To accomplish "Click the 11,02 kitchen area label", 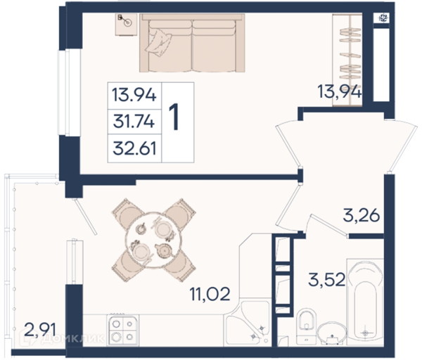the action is pyautogui.click(x=210, y=294).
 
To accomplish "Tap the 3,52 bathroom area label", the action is pyautogui.click(x=327, y=280).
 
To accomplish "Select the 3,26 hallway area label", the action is pyautogui.click(x=362, y=215).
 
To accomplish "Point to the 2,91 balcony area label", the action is pyautogui.click(x=40, y=330).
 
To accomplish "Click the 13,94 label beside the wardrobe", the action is pyautogui.click(x=340, y=91).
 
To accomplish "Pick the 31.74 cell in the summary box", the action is pyautogui.click(x=134, y=122).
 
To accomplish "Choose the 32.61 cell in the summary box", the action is pyautogui.click(x=134, y=148).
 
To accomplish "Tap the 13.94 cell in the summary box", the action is pyautogui.click(x=134, y=95).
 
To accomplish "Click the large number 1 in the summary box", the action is pyautogui.click(x=174, y=117).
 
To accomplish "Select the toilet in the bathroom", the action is pyautogui.click(x=306, y=327).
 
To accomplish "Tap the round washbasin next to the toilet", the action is pyautogui.click(x=332, y=333).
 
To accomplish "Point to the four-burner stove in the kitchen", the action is pyautogui.click(x=123, y=330).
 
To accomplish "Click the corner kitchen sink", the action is pyautogui.click(x=247, y=323).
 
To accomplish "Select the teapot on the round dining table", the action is pyautogui.click(x=163, y=250).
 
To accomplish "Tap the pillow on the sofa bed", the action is pyautogui.click(x=158, y=42).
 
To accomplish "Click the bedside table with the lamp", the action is pyautogui.click(x=126, y=25).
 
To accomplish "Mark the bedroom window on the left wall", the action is pyautogui.click(x=69, y=92).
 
